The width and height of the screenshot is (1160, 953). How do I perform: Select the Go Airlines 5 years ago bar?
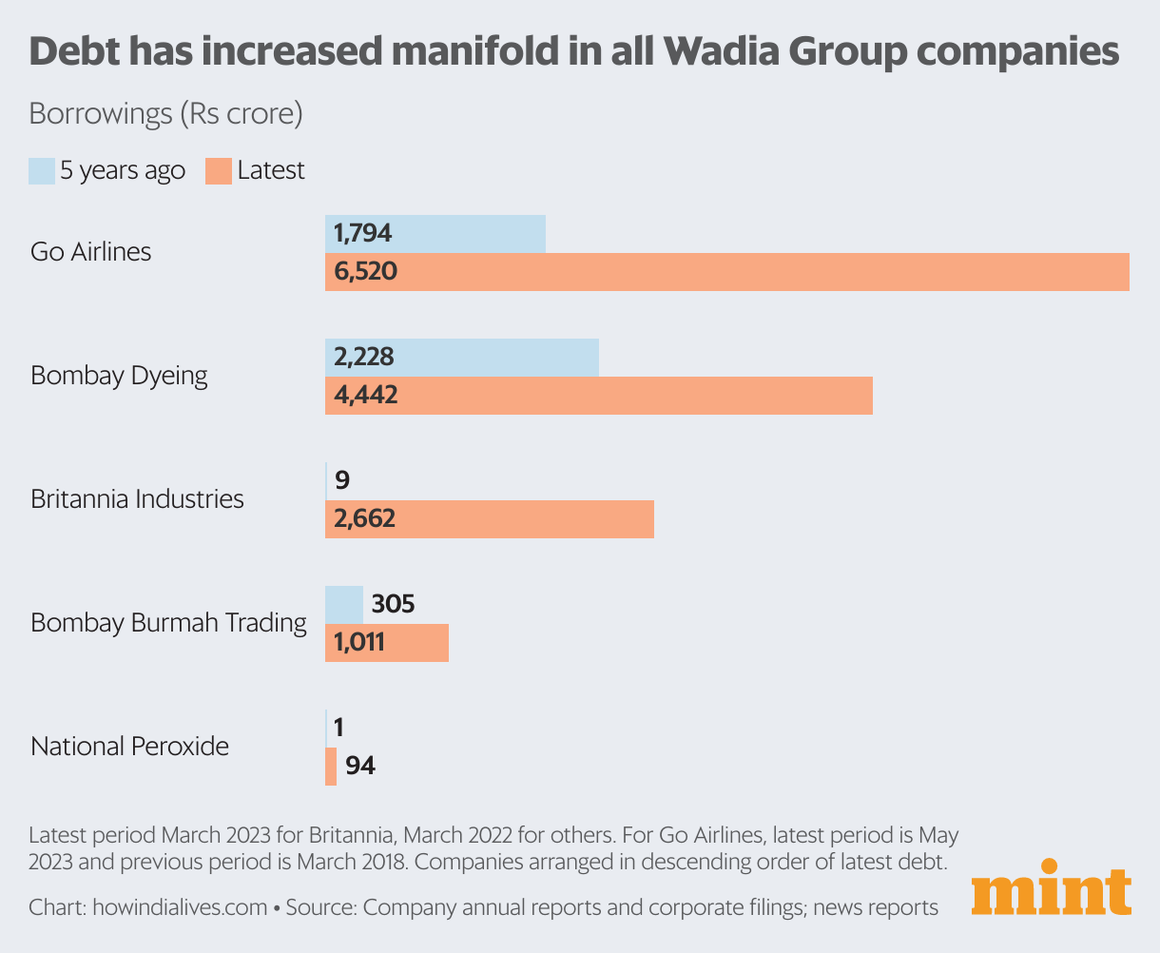[x=435, y=233]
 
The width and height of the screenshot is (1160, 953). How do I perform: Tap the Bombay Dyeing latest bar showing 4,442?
[x=599, y=395]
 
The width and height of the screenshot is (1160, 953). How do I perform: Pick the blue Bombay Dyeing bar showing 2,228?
[x=462, y=357]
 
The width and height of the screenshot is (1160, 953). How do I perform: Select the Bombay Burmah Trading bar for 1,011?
[x=387, y=643]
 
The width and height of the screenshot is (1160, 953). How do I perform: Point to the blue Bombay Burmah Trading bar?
[x=344, y=604]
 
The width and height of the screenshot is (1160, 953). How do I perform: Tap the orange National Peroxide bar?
[x=331, y=766]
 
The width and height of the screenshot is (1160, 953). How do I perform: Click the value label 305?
[x=394, y=604]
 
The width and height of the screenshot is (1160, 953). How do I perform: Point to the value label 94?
[x=360, y=766]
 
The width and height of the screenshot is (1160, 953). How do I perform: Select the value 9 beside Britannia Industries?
[x=342, y=480]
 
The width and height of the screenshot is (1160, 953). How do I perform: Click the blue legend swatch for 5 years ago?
[x=42, y=171]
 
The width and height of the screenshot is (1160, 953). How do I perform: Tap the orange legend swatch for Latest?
[x=219, y=171]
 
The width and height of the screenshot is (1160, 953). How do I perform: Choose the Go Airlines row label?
[x=91, y=252]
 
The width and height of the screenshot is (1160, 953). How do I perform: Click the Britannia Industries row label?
[x=137, y=499]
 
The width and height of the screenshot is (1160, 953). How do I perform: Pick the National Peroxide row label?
[x=129, y=747]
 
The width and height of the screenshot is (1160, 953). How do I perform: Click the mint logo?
[x=1052, y=889]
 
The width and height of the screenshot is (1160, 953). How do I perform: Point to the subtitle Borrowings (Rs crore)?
[x=165, y=114]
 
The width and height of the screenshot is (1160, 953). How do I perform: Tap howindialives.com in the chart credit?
[x=180, y=907]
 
